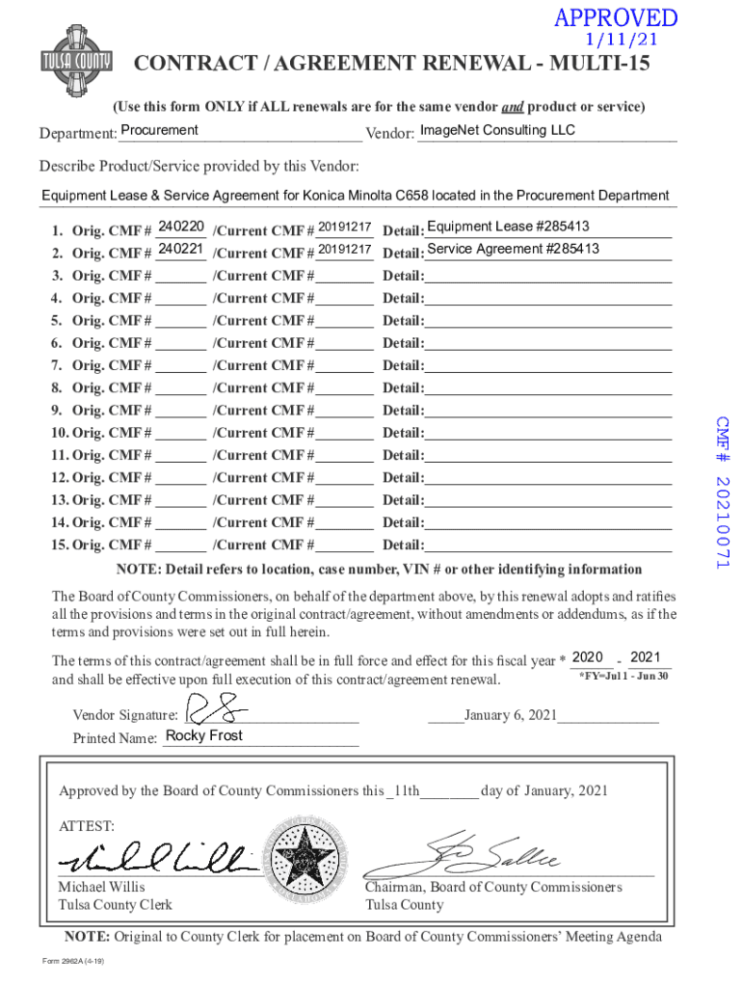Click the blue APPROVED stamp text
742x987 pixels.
pyautogui.click(x=615, y=19)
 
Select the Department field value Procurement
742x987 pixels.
pyautogui.click(x=160, y=131)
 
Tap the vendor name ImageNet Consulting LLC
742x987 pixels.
pyautogui.click(x=497, y=131)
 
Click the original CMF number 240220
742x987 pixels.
pyautogui.click(x=180, y=227)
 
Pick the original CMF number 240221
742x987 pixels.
pyautogui.click(x=180, y=250)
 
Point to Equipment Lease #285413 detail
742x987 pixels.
pyautogui.click(x=508, y=227)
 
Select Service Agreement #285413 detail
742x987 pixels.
pyautogui.click(x=513, y=250)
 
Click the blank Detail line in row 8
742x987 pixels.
pyautogui.click(x=547, y=387)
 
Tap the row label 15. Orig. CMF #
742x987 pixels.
pyautogui.click(x=100, y=545)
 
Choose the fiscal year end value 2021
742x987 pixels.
pyautogui.click(x=646, y=657)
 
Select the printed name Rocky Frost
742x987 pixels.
pyautogui.click(x=204, y=736)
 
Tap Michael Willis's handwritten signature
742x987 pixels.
pyautogui.click(x=154, y=856)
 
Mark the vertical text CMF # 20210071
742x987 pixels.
pyautogui.click(x=723, y=492)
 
